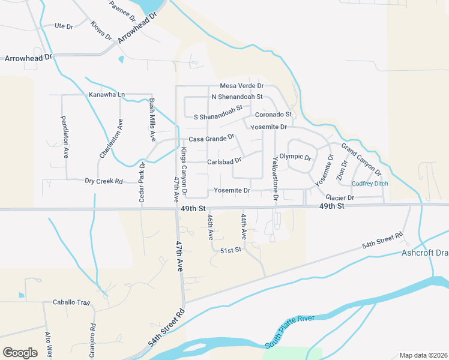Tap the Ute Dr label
point(64,26)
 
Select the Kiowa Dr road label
point(101,31)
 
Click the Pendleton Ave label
point(64,136)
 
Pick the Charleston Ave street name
point(111,139)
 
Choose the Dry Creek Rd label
point(103,181)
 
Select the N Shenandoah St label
point(237,97)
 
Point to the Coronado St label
point(273,114)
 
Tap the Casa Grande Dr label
point(211,139)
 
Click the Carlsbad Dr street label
point(224,161)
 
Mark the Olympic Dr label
point(295,157)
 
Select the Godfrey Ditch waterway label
point(370,184)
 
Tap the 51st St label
point(231,250)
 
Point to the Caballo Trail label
point(71,302)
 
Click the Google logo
point(20,353)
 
